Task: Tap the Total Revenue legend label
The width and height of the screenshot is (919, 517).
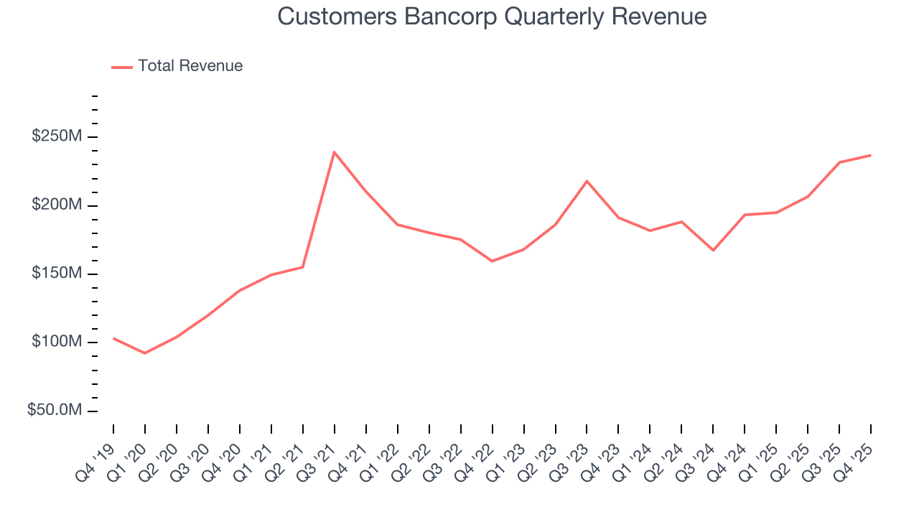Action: [x=190, y=66]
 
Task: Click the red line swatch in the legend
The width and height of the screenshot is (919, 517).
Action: [x=122, y=67]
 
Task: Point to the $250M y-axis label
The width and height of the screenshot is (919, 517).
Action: [x=56, y=136]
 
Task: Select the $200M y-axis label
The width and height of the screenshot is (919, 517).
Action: [x=56, y=205]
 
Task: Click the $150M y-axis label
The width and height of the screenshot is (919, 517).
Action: [x=56, y=274]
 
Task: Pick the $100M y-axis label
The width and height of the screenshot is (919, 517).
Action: [x=56, y=342]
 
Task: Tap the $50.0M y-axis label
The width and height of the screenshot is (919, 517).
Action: [x=54, y=410]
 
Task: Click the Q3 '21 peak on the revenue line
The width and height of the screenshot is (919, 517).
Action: [x=335, y=152]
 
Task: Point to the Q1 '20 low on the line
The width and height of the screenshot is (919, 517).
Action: [x=145, y=353]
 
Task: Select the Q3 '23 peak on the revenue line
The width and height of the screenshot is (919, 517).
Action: [x=587, y=181]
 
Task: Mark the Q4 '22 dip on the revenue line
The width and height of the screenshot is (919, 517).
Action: [x=492, y=261]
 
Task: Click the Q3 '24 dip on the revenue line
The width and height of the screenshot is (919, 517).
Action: [x=713, y=250]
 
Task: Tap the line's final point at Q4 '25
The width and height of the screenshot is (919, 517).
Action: [x=870, y=155]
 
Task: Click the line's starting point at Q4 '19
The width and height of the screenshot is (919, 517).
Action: [x=113, y=338]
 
